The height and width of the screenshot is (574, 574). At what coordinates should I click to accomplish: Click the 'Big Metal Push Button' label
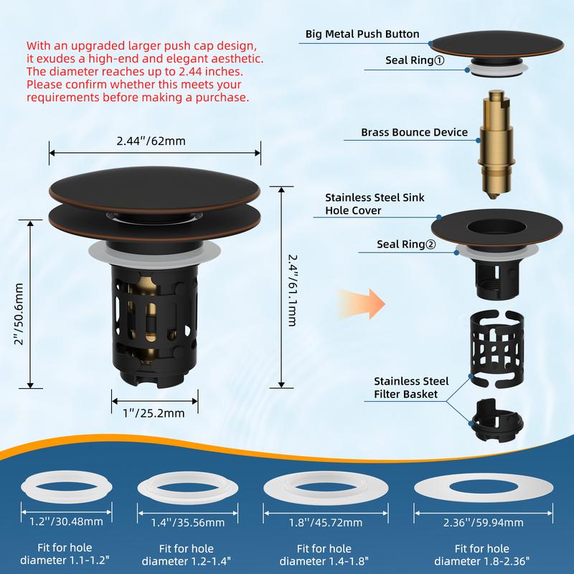click(362, 34)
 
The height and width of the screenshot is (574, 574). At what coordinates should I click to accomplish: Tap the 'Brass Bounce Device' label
click(414, 132)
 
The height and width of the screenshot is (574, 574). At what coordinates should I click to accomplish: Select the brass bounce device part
click(497, 145)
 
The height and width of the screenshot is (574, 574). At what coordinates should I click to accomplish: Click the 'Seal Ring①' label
click(415, 60)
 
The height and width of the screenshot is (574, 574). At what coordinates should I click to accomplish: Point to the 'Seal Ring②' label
click(406, 244)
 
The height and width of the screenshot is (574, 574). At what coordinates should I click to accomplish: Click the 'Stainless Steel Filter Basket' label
click(411, 387)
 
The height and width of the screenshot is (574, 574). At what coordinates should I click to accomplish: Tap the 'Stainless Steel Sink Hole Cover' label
click(375, 204)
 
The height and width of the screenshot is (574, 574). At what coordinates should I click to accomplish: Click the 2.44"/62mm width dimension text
click(151, 141)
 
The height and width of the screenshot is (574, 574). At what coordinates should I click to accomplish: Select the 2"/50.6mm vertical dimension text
click(19, 314)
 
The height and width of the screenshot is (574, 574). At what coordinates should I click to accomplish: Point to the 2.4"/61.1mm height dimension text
click(292, 291)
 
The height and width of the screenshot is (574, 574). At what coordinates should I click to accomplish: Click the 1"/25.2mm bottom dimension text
click(154, 413)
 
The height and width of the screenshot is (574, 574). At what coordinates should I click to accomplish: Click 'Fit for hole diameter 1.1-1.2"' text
click(65, 554)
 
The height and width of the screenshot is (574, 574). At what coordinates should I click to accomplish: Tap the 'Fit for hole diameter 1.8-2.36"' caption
click(481, 555)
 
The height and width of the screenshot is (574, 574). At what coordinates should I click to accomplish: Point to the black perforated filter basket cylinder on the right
click(497, 349)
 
